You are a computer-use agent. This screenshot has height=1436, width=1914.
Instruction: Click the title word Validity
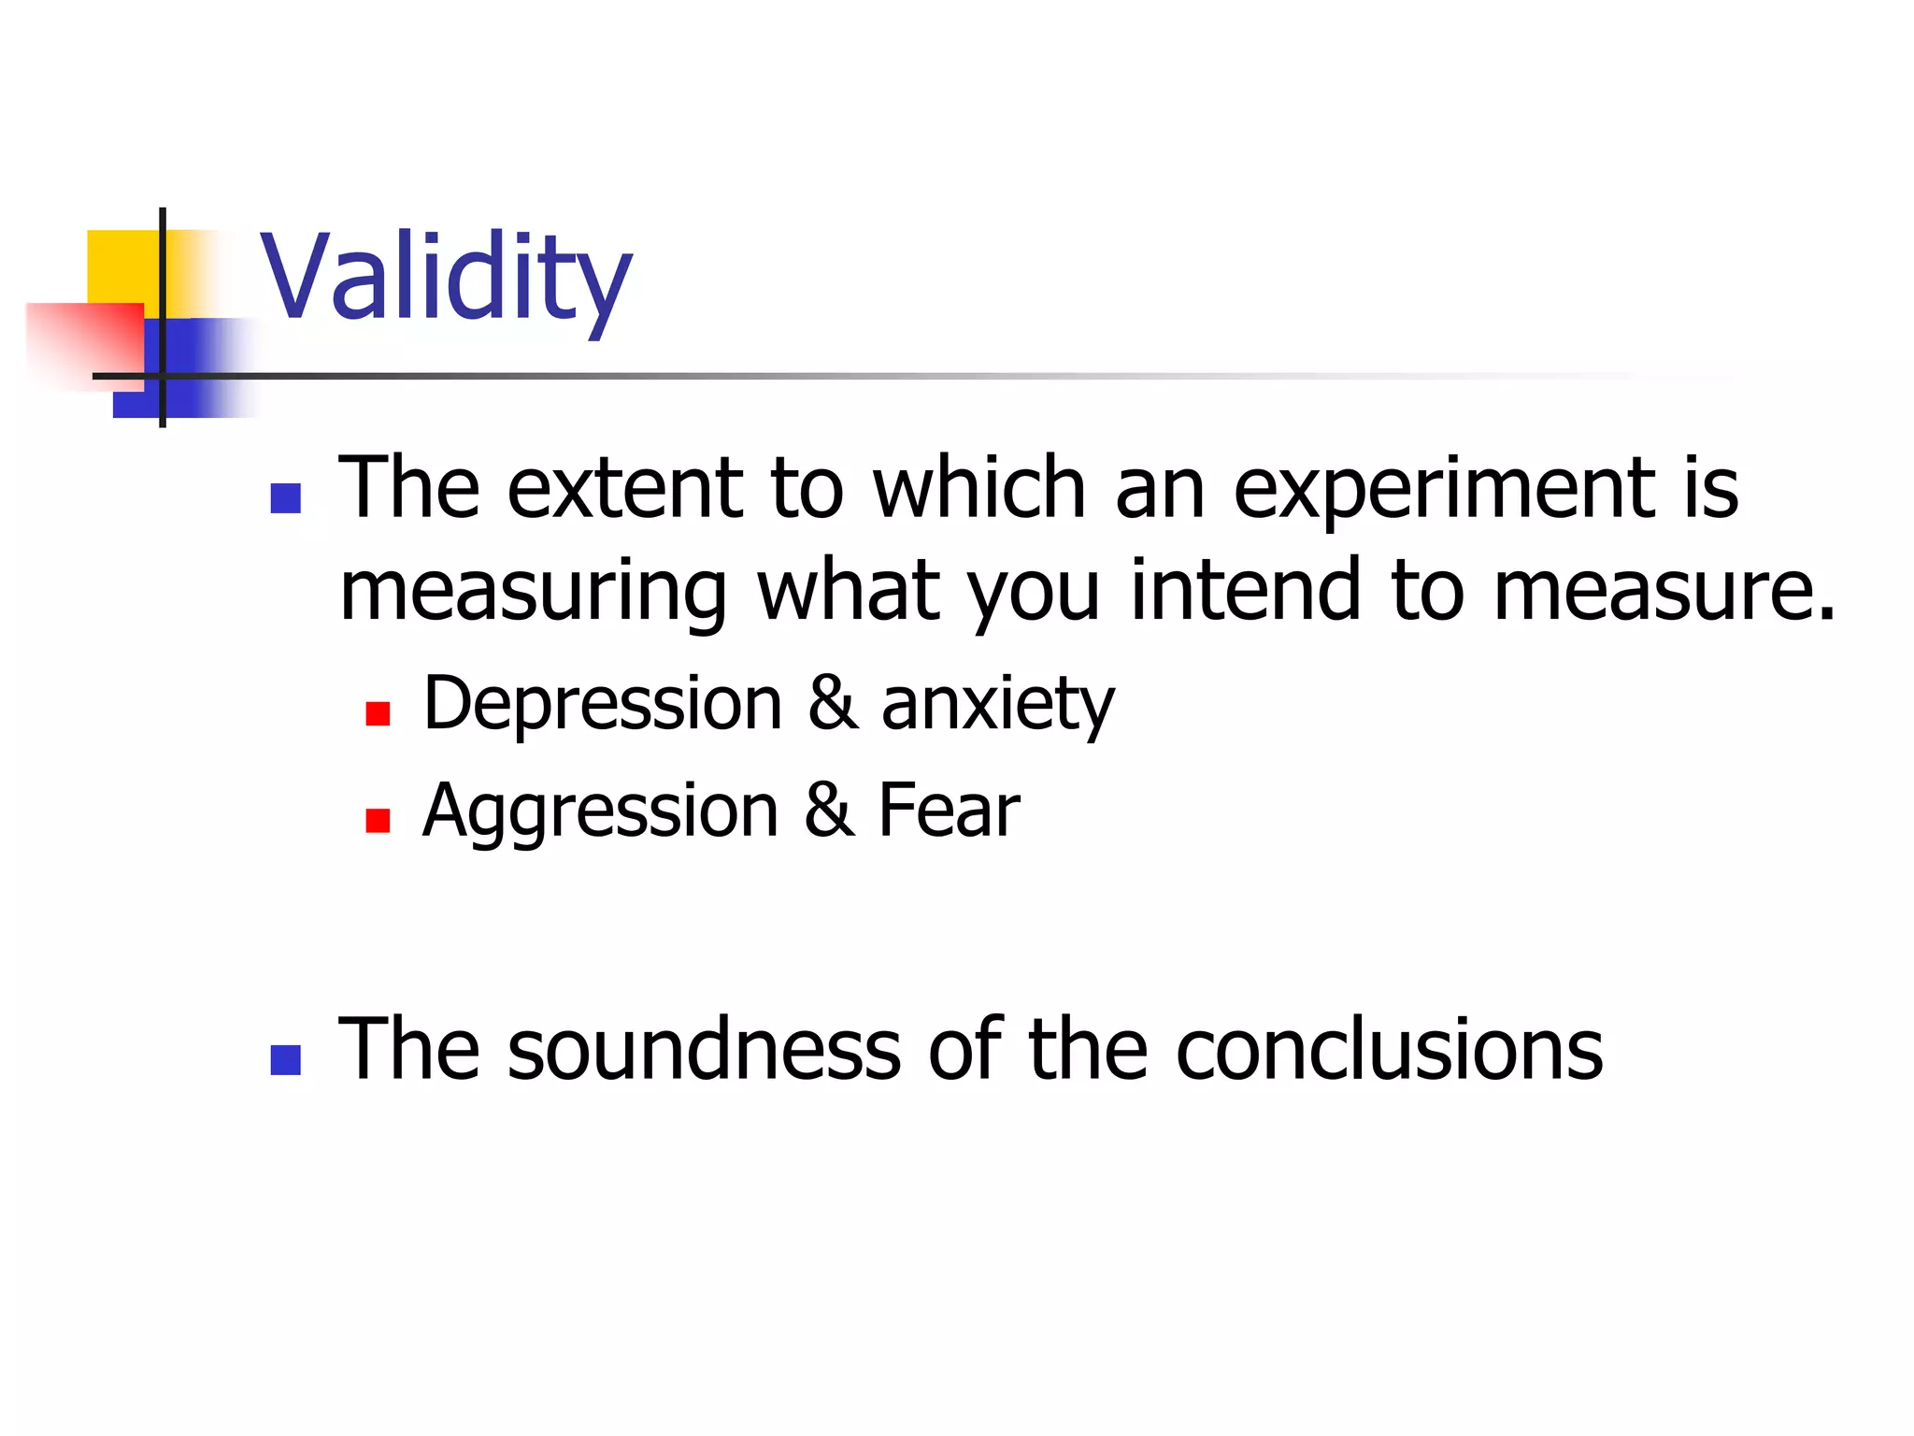pos(446,278)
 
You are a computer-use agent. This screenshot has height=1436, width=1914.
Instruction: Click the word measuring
pos(534,591)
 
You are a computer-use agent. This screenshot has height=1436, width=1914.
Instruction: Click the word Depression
pos(603,703)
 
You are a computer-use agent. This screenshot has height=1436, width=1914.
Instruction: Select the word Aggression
pos(600,811)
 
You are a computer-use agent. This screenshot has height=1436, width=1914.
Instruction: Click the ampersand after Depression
pos(833,703)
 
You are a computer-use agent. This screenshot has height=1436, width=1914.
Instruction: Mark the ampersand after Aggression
pos(829,810)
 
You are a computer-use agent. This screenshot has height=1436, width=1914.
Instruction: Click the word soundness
pos(705,1049)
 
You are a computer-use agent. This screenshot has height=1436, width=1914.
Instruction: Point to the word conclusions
pos(1389,1049)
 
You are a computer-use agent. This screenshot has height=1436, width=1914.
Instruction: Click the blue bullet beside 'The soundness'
pos(285,1059)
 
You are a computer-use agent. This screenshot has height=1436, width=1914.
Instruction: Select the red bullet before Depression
pos(378,714)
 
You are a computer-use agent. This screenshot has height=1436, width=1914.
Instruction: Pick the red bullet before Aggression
pos(378,821)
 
